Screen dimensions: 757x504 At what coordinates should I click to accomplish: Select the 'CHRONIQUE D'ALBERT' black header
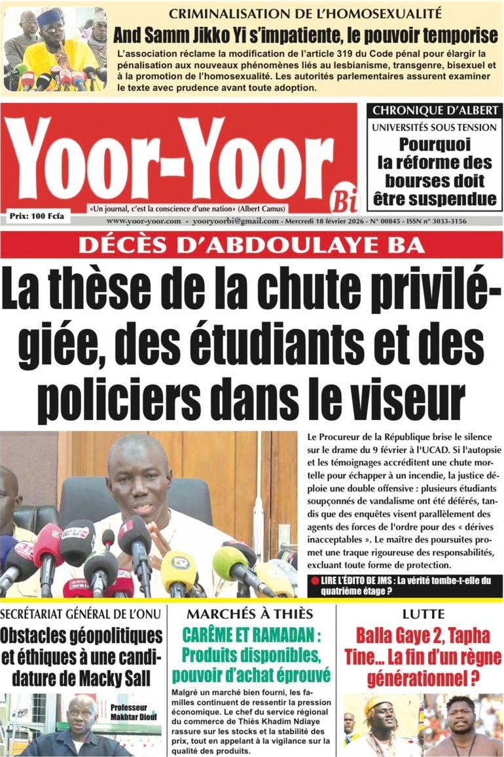point(435,111)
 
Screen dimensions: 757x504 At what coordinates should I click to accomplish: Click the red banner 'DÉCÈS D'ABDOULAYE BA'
point(251,245)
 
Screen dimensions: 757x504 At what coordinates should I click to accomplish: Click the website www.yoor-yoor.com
point(143,222)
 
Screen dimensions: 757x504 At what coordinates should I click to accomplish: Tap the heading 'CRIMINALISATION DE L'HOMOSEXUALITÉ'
point(305,12)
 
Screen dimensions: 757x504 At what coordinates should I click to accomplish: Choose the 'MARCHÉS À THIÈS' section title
point(249,614)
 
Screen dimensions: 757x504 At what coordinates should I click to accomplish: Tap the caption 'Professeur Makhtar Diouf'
point(135,712)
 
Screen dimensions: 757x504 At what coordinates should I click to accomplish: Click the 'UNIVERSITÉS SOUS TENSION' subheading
point(435,128)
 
